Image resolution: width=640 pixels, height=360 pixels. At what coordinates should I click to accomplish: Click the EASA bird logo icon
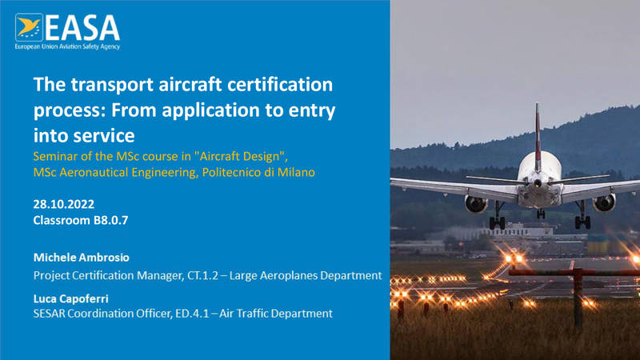[29, 28]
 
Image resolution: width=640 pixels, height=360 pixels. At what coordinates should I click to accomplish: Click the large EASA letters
[82, 28]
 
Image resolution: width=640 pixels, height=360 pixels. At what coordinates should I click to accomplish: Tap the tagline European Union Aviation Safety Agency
[67, 46]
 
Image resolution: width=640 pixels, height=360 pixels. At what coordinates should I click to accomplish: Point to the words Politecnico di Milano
[258, 172]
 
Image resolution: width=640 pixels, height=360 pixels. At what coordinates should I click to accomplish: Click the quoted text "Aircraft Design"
[239, 156]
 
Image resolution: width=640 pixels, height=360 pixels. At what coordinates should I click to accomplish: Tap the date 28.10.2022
[64, 204]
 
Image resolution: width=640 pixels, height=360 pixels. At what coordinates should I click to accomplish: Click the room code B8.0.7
[110, 221]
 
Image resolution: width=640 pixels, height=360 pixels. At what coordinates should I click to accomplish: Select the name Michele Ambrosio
[82, 258]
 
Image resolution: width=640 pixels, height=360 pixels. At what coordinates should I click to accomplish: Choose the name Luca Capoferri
[71, 298]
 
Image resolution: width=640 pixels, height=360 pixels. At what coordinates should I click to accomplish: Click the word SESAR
[49, 314]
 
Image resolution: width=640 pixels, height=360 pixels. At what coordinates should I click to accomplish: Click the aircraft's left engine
[476, 203]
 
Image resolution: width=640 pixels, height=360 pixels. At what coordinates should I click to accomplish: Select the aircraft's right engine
[604, 202]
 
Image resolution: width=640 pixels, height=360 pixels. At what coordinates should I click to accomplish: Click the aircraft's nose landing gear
[541, 213]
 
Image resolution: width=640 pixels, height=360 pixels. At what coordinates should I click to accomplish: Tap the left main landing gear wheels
[497, 222]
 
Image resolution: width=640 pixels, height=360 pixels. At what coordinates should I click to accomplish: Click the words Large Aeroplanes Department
[306, 275]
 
